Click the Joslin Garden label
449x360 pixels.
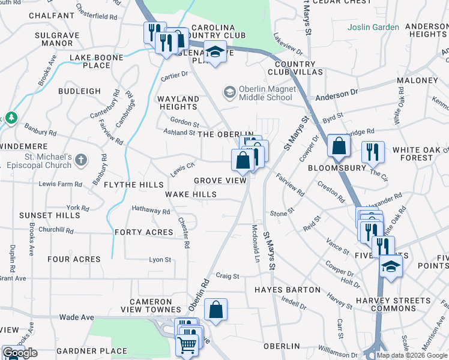point(373,27)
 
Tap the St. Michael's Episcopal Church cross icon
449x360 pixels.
point(81,160)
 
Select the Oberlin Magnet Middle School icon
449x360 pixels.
point(228,92)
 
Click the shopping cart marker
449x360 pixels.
point(187,346)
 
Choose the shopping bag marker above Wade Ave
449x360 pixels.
point(215,310)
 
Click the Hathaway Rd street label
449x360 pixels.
point(151,211)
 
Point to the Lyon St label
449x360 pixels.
point(160,260)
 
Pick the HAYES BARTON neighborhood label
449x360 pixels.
point(288,289)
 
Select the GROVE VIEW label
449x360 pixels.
point(220,181)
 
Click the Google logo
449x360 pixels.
point(20,353)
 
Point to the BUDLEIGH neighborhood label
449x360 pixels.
point(79,91)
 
